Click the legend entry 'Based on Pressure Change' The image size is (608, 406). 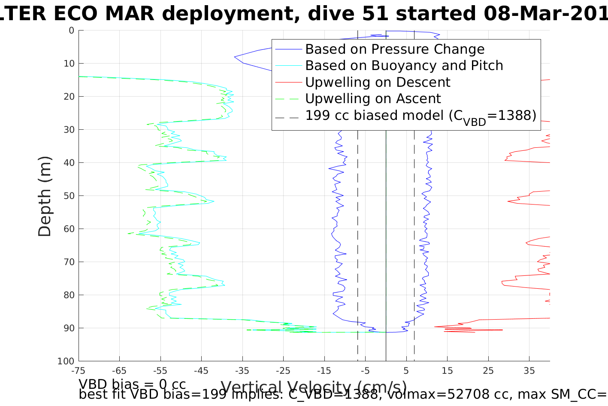(x=395, y=49)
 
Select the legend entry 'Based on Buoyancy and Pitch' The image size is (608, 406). (x=404, y=66)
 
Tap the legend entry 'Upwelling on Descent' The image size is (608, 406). (x=378, y=82)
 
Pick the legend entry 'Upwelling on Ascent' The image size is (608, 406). (x=373, y=99)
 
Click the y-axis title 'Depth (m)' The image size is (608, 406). (x=45, y=196)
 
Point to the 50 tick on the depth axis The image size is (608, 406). (x=69, y=196)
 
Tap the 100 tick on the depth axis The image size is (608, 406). (x=66, y=361)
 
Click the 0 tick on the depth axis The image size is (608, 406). (x=71, y=31)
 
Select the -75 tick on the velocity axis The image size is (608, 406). (x=79, y=371)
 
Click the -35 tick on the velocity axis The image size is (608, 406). (x=242, y=371)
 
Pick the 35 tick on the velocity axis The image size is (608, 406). (x=529, y=371)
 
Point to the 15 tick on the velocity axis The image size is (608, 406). (x=447, y=371)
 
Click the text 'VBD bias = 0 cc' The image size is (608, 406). (x=132, y=384)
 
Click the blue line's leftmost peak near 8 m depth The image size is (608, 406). (x=234, y=57)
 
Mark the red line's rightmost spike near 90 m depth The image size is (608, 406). (x=502, y=330)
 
